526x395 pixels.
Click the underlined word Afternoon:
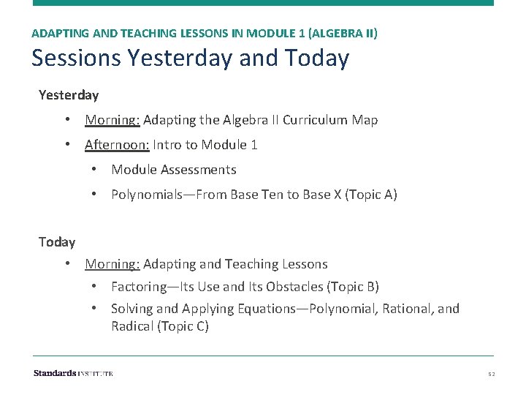[x=117, y=145]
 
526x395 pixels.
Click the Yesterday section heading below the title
[x=69, y=95]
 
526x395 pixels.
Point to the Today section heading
[x=57, y=241]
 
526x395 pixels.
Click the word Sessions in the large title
[x=76, y=57]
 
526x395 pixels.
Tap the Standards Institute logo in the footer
[x=73, y=373]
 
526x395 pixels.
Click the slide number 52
[x=492, y=374]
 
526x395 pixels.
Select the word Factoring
[x=137, y=287]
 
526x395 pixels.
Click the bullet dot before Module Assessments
[x=94, y=170]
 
